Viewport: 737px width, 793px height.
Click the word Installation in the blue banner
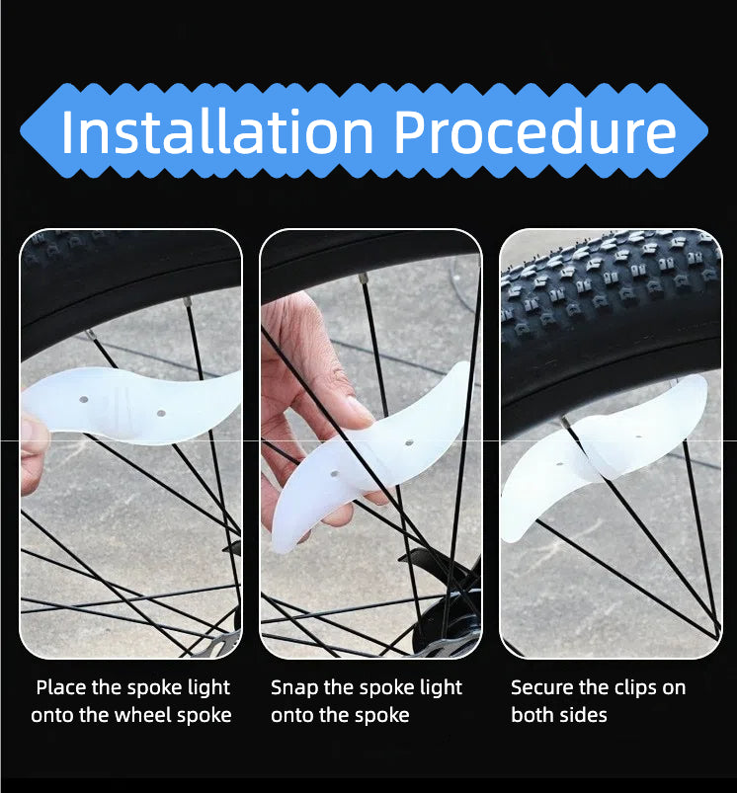coord(217,131)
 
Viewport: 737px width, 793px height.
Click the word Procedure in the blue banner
coord(535,131)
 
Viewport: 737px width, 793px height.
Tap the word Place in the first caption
coord(61,687)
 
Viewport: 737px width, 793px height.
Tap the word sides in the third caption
coord(585,715)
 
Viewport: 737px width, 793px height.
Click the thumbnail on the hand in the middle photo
coord(360,406)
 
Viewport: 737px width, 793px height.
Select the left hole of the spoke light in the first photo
coord(84,400)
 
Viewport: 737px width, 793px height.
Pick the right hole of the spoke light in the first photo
coord(161,413)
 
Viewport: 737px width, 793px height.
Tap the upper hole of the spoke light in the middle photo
coord(409,443)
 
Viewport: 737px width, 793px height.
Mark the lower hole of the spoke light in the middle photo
coord(334,474)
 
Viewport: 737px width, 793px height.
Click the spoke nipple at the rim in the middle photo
coord(364,278)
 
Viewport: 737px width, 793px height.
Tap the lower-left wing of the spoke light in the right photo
coord(543,483)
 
